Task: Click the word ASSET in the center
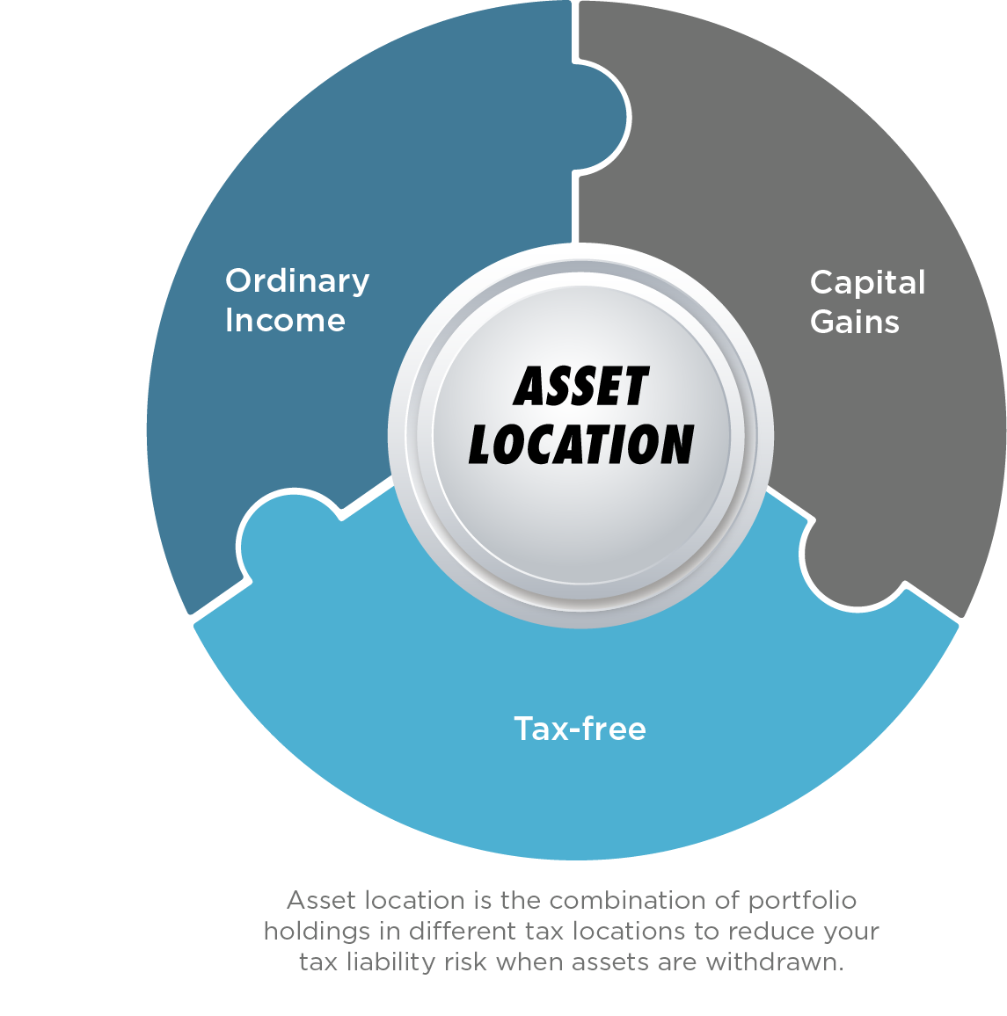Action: click(580, 387)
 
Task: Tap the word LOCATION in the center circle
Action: click(580, 444)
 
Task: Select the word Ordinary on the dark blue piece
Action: click(297, 281)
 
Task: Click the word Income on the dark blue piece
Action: click(285, 320)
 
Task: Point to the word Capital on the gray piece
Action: click(867, 283)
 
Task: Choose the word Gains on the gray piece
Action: click(854, 322)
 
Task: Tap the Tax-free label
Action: click(580, 729)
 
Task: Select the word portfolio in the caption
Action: click(802, 900)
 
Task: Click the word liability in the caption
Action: click(390, 962)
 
